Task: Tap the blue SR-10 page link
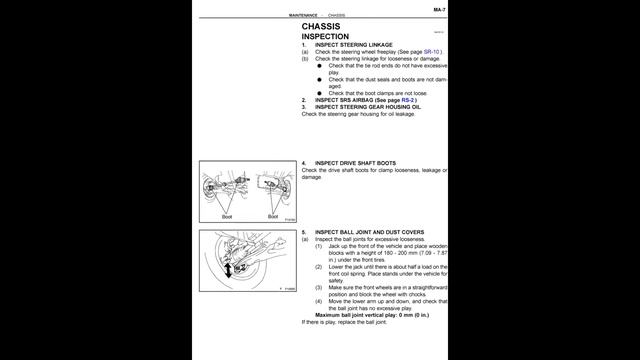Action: pyautogui.click(x=431, y=50)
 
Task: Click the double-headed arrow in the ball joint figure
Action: pyautogui.click(x=229, y=269)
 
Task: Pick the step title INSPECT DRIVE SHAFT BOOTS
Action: pyautogui.click(x=356, y=162)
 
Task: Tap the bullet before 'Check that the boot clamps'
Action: pyautogui.click(x=320, y=93)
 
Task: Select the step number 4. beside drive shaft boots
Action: pyautogui.click(x=304, y=162)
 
